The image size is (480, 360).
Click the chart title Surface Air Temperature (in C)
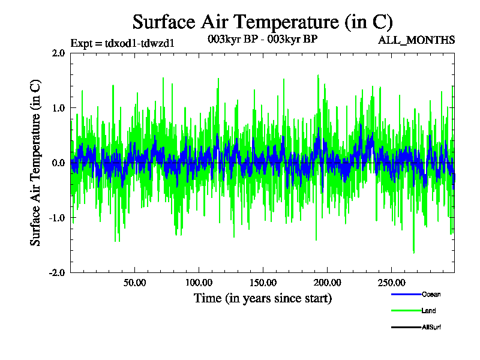[262, 22]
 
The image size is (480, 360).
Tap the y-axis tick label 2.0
[58, 53]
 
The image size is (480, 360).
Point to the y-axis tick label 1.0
[58, 108]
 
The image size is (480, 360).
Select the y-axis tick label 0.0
[58, 163]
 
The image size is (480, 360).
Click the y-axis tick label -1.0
[56, 218]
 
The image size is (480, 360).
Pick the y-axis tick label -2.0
[56, 272]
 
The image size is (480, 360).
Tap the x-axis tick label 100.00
[199, 282]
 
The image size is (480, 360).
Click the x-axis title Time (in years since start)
[262, 298]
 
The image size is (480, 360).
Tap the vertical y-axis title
[36, 162]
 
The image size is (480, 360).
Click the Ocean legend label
[431, 295]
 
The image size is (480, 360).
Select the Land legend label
[428, 311]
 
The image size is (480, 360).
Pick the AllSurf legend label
[431, 327]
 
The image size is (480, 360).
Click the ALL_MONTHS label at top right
[416, 40]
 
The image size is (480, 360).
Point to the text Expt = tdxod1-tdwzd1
[122, 43]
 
